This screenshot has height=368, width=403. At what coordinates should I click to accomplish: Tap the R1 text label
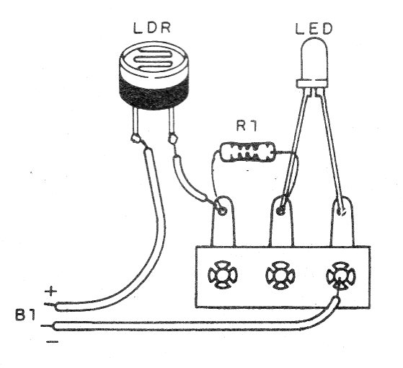[x=247, y=127]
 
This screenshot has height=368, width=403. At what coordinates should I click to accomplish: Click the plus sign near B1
[x=50, y=292]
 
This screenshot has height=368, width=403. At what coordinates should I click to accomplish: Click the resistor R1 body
[x=247, y=152]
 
